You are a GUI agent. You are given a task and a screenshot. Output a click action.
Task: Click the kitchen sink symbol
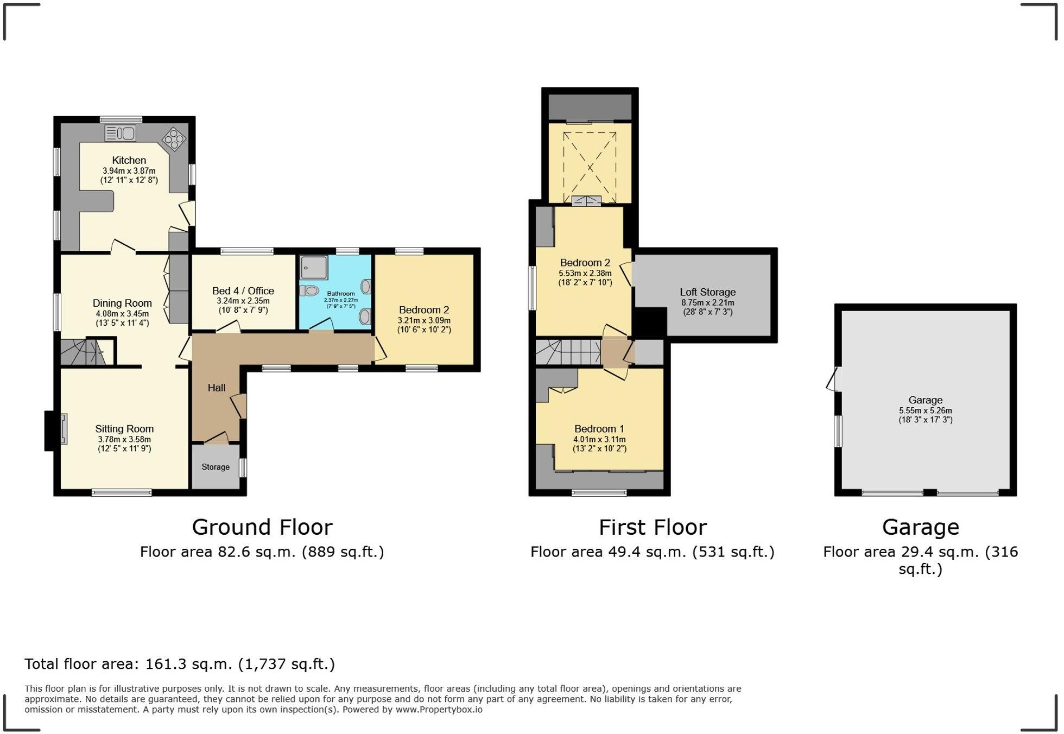pyautogui.click(x=120, y=133)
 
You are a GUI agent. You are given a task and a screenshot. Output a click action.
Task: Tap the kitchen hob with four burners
pyautogui.click(x=174, y=139)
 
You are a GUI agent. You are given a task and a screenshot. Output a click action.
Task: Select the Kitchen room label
pyautogui.click(x=129, y=160)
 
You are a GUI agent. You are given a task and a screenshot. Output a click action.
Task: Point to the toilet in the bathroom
pyautogui.click(x=310, y=291)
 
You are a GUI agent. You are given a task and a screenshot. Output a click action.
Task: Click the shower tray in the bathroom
pyautogui.click(x=314, y=267)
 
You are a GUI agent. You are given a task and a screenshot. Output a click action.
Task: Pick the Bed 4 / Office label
pyautogui.click(x=243, y=291)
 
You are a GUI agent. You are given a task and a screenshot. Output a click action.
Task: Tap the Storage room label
pyautogui.click(x=216, y=467)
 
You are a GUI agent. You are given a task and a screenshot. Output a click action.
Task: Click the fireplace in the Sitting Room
pyautogui.click(x=64, y=429)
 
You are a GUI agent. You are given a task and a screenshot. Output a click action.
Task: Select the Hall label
pyautogui.click(x=217, y=388)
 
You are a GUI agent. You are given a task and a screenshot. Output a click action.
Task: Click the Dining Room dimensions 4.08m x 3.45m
pyautogui.click(x=122, y=314)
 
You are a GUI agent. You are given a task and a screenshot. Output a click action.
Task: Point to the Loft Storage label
pyautogui.click(x=707, y=292)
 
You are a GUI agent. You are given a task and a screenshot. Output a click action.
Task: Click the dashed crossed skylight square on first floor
pyautogui.click(x=590, y=163)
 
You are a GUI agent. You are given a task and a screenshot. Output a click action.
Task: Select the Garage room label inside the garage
pyautogui.click(x=925, y=400)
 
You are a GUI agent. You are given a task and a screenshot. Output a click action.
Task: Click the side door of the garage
pyautogui.click(x=833, y=379)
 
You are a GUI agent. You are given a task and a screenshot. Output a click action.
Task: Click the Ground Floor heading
pyautogui.click(x=262, y=527)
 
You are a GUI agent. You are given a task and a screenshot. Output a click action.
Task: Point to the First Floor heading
pyautogui.click(x=652, y=527)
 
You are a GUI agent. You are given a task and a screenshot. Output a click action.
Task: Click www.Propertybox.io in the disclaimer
pyautogui.click(x=439, y=710)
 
